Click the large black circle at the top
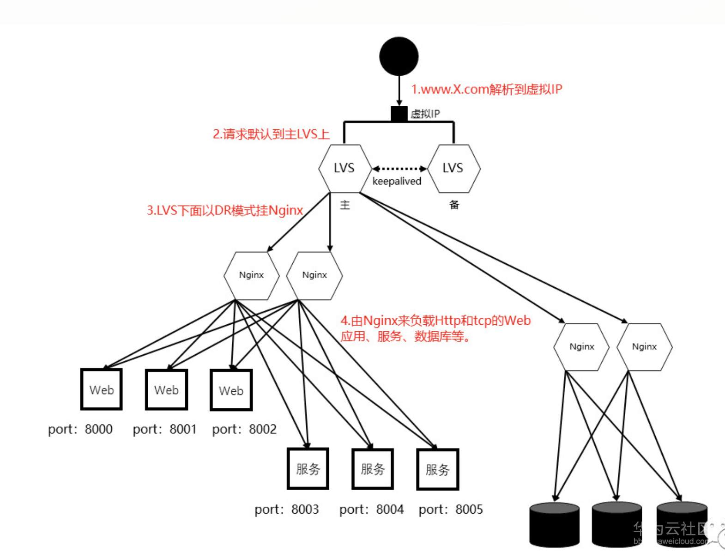[399, 56]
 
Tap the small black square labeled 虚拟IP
[399, 114]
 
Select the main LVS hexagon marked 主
[344, 169]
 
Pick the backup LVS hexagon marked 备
[453, 169]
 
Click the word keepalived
[397, 181]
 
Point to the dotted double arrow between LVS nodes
[399, 169]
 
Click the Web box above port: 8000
[102, 389]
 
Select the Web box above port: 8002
[231, 390]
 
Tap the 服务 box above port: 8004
[373, 469]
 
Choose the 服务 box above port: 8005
[437, 469]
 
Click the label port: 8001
[165, 429]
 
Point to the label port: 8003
[286, 509]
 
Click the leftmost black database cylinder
[554, 525]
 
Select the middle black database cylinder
[617, 525]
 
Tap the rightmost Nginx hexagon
[644, 347]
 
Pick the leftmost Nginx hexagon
[252, 275]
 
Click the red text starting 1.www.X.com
[487, 89]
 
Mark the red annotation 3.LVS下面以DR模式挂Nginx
[225, 211]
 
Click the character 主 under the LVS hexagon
[345, 205]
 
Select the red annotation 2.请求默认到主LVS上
[271, 134]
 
